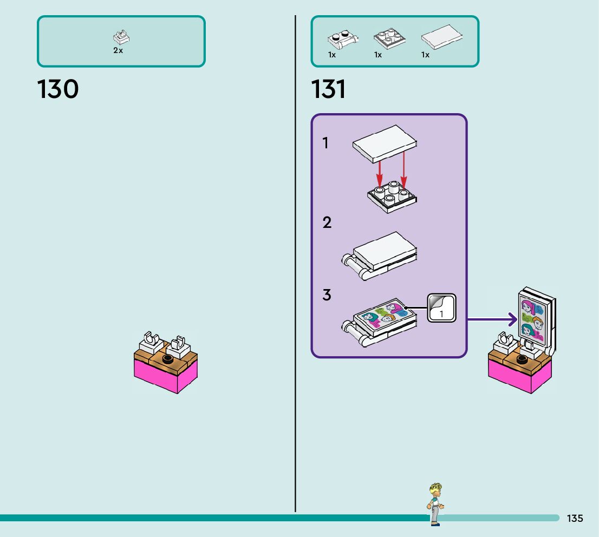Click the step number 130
click(58, 89)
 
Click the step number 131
click(328, 89)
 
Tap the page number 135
click(575, 519)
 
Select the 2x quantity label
click(118, 50)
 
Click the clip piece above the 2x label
click(121, 38)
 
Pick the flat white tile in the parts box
click(442, 38)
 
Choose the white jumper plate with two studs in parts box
click(342, 39)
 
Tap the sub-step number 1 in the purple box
click(325, 143)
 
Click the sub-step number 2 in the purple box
click(327, 222)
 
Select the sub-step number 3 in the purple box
click(327, 295)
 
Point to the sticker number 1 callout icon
click(442, 308)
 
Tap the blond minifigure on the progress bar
click(435, 504)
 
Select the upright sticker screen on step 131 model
click(535, 317)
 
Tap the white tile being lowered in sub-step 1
click(385, 142)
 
